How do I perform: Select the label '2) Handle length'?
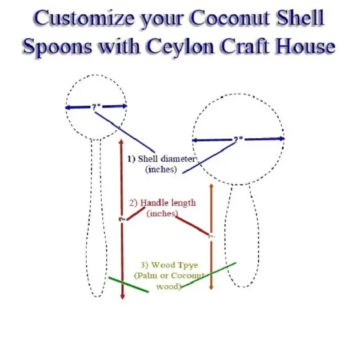162,202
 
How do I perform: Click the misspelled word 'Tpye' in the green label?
179,266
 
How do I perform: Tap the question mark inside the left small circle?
96,106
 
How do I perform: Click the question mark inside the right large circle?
238,139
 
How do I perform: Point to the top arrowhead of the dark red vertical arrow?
121,140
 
